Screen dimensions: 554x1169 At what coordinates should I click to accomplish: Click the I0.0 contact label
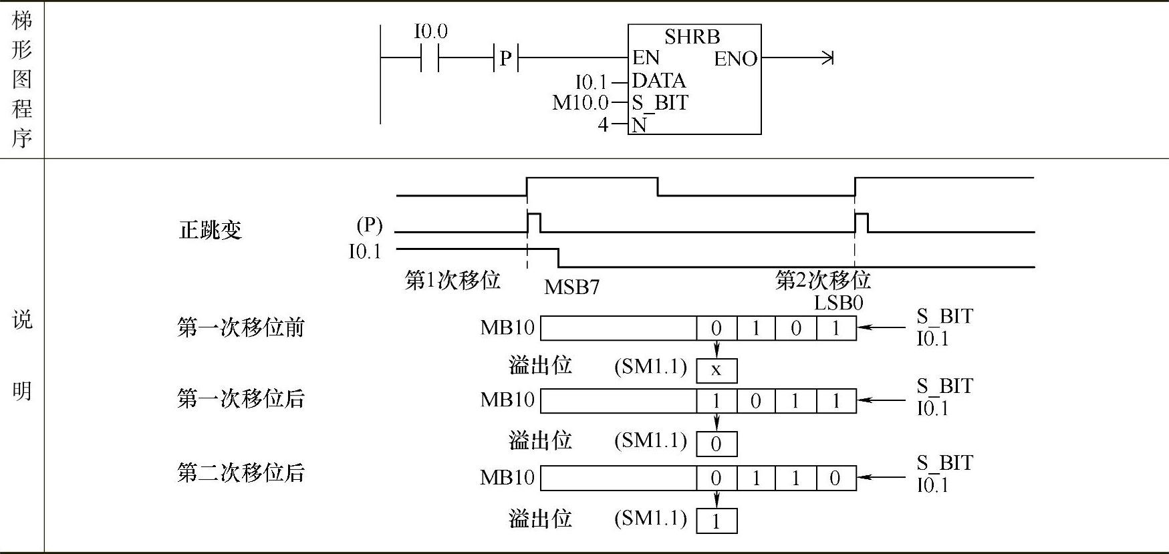coord(431,31)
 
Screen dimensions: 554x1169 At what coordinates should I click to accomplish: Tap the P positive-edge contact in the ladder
coord(505,59)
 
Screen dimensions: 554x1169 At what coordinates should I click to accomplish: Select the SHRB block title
coord(692,37)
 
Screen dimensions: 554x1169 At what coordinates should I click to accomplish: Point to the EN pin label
coord(646,58)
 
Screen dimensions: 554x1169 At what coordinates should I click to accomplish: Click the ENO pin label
coord(735,59)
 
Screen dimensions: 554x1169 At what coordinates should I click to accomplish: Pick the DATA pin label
coord(659,81)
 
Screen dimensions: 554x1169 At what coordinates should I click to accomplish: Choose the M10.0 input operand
coord(580,103)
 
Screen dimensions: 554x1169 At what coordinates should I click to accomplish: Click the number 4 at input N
coord(603,124)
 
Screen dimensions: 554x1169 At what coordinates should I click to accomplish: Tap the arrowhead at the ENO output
coord(828,58)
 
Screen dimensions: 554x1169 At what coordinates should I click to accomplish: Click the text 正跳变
coord(210,231)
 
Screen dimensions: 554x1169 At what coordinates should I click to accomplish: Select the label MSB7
coord(571,287)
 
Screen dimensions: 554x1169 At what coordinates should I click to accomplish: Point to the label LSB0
coord(838,303)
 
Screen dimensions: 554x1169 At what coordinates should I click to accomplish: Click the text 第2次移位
coord(823,280)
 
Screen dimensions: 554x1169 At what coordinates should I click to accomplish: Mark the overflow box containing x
coord(717,370)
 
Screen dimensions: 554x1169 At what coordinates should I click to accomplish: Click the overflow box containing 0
coord(717,444)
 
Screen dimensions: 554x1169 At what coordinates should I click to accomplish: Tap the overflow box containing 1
coord(717,521)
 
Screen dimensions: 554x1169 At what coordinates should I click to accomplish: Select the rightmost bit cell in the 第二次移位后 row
coord(835,478)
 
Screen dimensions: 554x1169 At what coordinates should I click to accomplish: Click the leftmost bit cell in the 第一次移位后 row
coord(717,401)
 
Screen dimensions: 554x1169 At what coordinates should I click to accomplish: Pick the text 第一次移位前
coord(241,328)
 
